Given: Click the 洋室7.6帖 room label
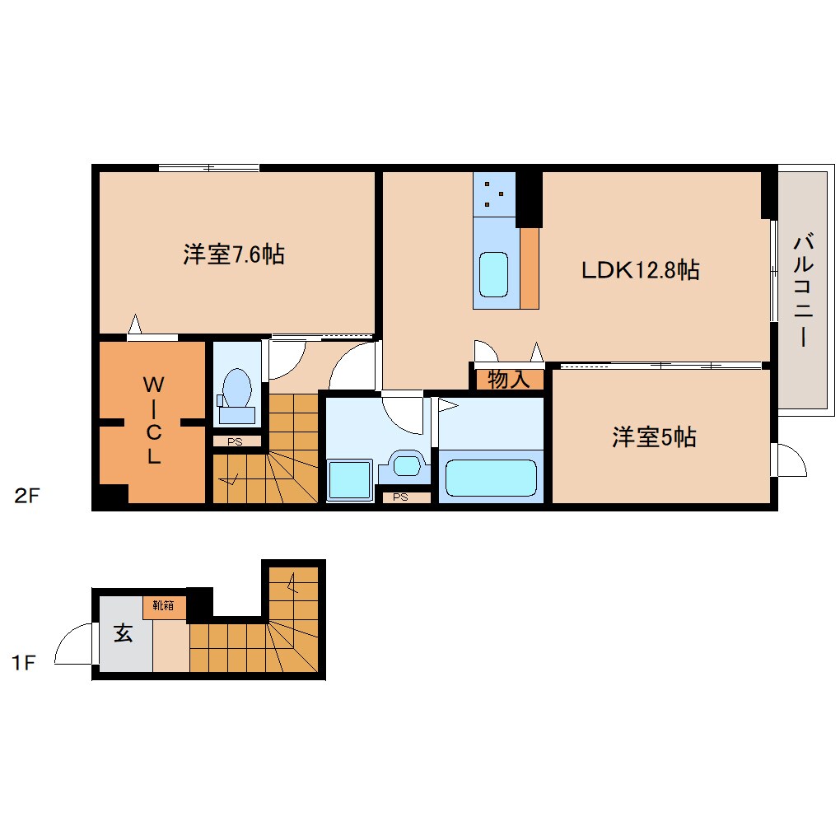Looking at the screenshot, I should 234,254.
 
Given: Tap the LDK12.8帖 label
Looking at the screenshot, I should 640,269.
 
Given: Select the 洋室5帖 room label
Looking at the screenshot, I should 653,437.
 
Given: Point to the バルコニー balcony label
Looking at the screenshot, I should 803,290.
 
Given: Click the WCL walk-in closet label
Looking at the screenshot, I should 153,421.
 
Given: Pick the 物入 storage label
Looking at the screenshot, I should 508,380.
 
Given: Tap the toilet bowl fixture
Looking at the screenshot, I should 237,390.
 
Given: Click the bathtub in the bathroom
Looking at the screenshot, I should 490,477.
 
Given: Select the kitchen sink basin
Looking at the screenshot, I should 495,275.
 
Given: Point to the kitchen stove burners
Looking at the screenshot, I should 494,194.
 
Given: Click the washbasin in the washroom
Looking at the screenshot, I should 406,465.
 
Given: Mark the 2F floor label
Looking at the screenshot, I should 26,496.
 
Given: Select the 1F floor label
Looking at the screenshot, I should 25,663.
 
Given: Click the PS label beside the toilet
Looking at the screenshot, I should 236,441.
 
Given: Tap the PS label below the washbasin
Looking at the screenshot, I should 401,497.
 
